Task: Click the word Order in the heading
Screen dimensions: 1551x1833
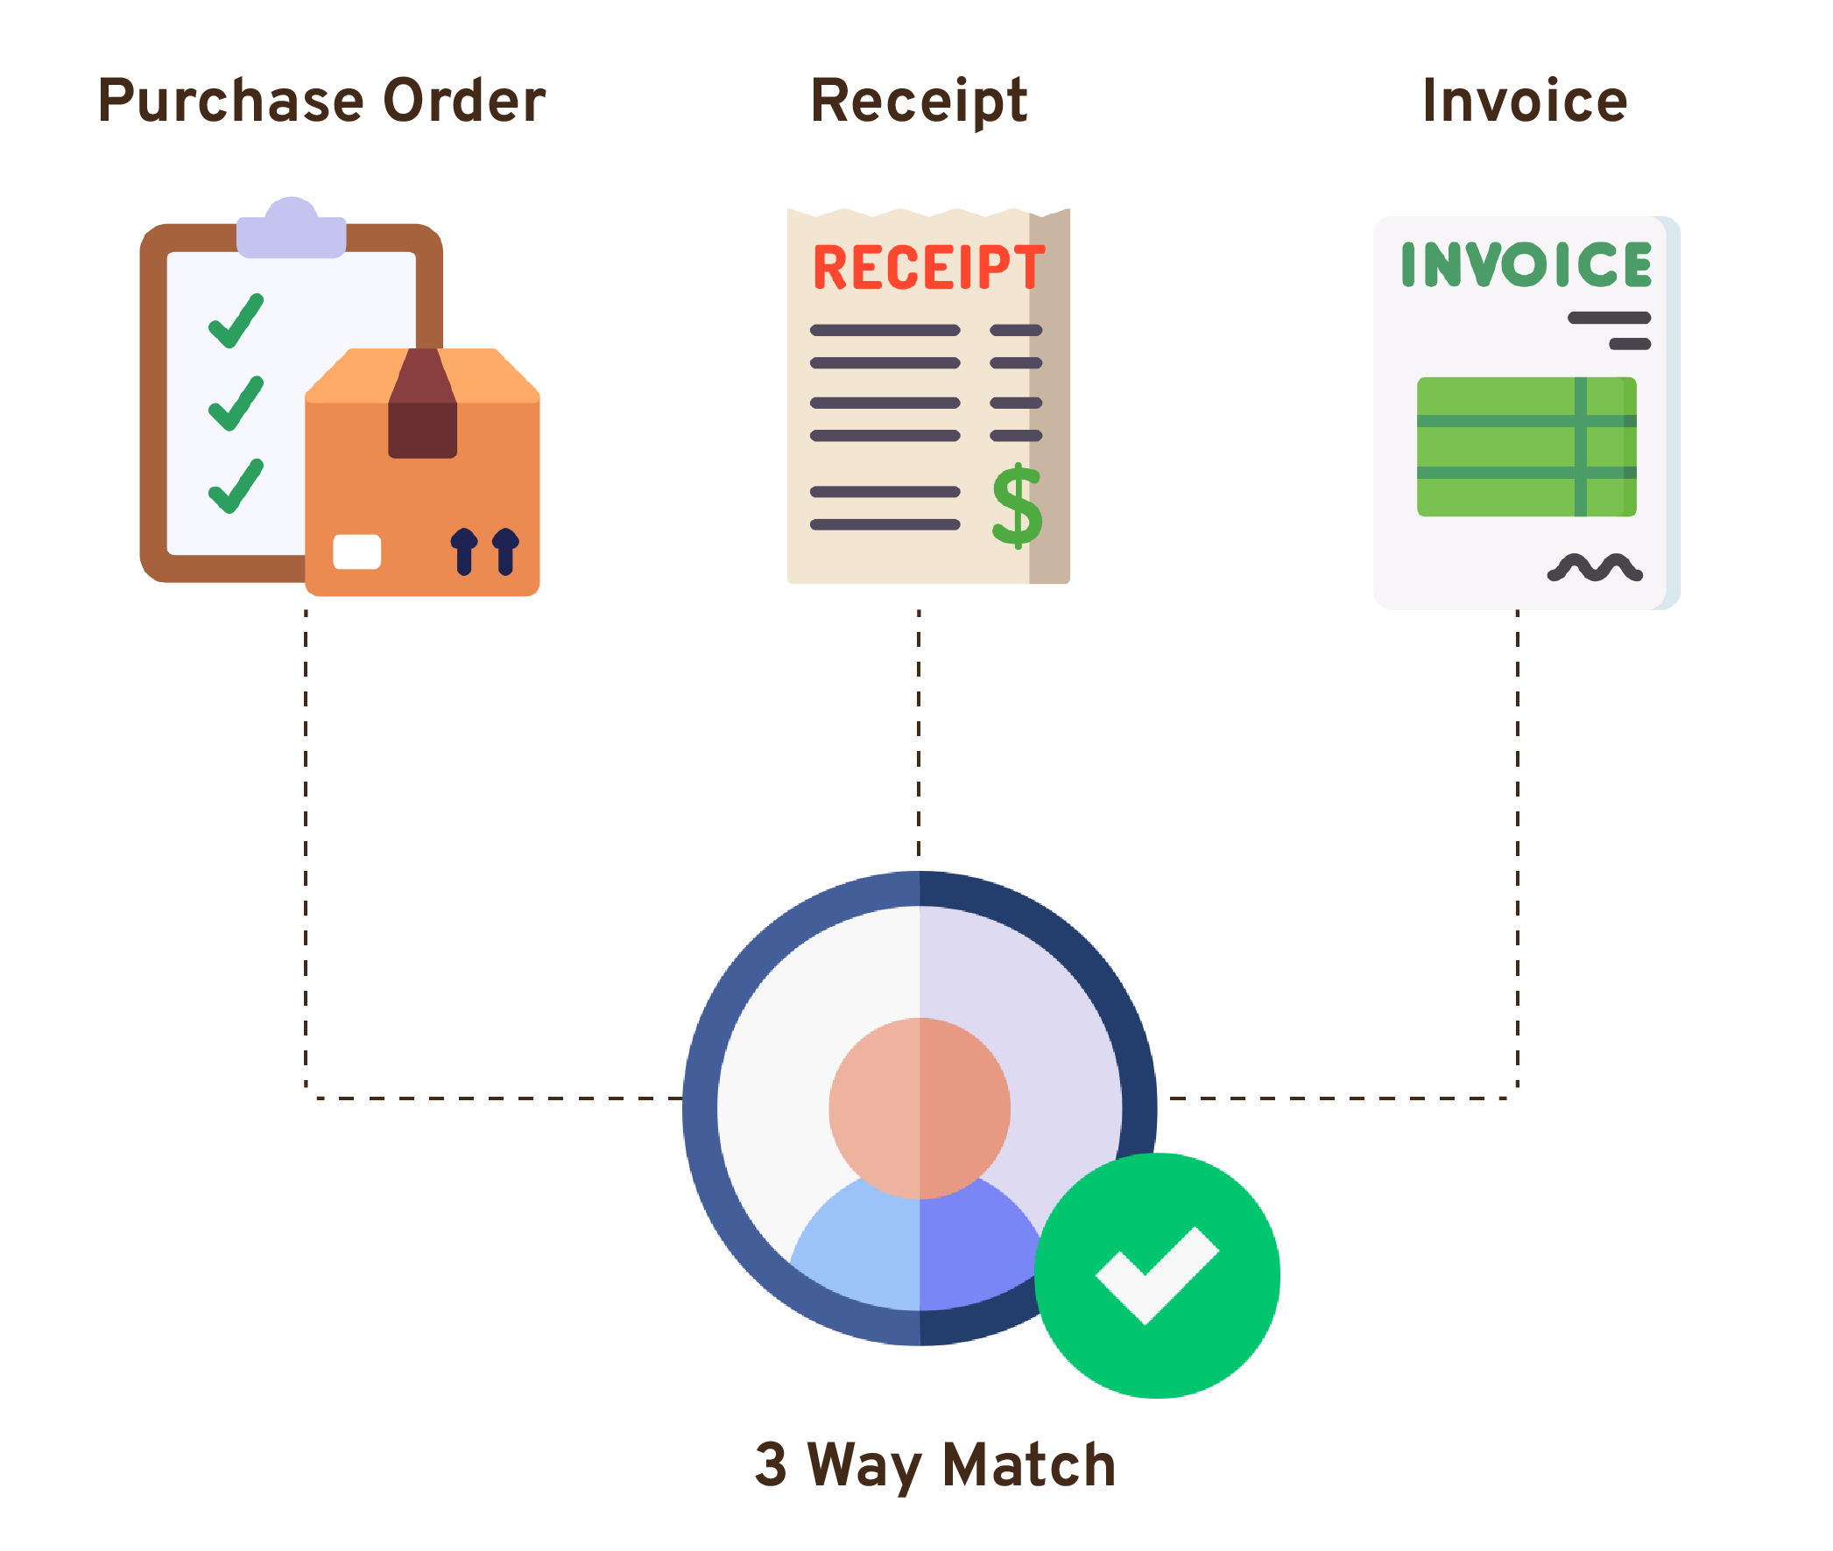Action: (464, 101)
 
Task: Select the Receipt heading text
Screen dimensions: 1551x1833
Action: (919, 102)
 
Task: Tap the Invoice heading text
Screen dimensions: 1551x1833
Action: (1524, 102)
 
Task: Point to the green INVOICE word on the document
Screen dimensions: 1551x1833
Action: (1526, 264)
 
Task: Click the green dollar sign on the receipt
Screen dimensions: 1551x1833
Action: (1017, 507)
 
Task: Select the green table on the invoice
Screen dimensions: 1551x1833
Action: (1526, 446)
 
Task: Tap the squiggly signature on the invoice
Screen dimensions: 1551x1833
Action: (1594, 568)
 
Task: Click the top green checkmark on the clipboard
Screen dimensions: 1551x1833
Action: (236, 321)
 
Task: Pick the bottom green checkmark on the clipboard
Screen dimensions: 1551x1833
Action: (236, 487)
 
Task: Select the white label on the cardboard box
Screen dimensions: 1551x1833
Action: (357, 552)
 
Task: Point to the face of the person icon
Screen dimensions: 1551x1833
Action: (920, 1108)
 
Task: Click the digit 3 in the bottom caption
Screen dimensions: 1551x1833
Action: (771, 1464)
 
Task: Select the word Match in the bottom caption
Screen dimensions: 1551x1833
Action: (1028, 1465)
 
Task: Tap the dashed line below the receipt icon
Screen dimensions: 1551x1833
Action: (920, 730)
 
